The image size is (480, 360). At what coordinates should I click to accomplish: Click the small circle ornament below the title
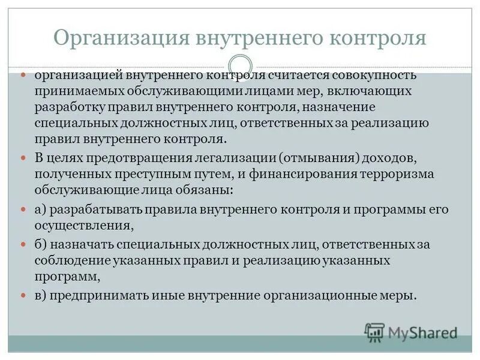click(240, 65)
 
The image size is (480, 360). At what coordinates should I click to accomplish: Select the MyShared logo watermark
click(411, 332)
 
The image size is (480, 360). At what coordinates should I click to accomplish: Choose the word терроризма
click(401, 174)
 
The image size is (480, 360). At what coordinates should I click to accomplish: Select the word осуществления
click(82, 225)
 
